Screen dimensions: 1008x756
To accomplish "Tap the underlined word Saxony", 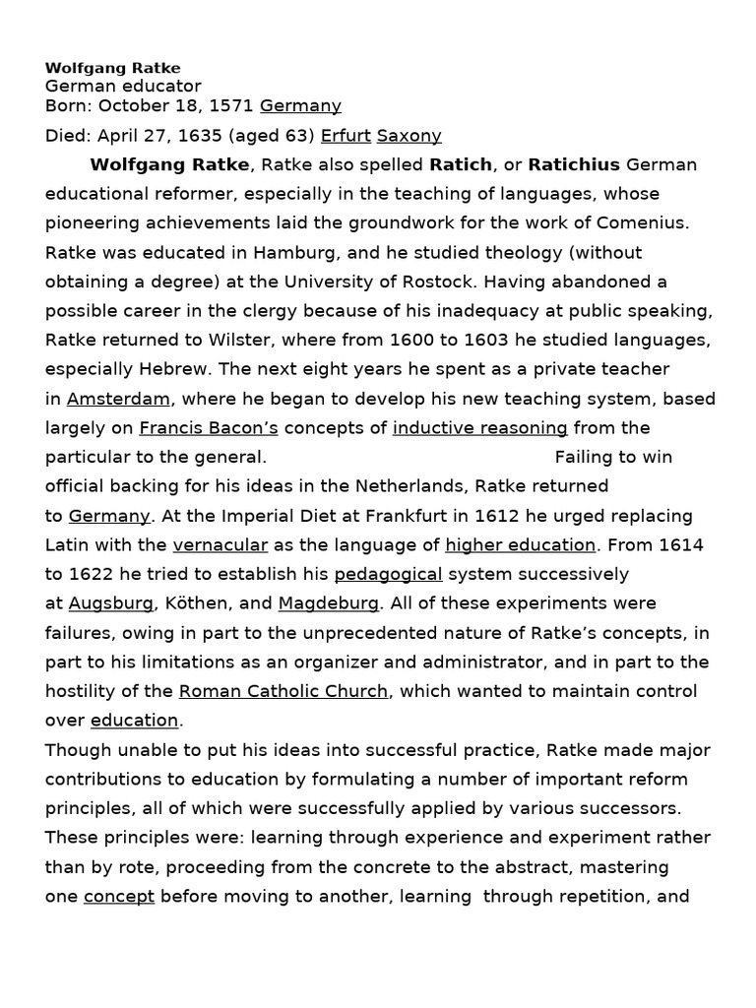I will click(x=409, y=136).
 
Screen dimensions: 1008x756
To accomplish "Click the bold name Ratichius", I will click(x=574, y=164).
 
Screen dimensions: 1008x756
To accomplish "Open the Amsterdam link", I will click(x=119, y=399).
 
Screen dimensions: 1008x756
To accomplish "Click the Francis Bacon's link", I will click(x=209, y=428).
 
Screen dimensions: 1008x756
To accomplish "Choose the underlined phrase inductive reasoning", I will click(x=479, y=428).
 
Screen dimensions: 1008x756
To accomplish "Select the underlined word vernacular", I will click(x=220, y=545).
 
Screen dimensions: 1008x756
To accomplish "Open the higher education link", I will click(x=520, y=545).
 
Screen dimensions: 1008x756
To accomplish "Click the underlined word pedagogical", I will click(x=388, y=574).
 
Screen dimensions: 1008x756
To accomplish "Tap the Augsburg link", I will click(x=111, y=603).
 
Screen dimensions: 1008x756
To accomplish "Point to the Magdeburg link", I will click(x=329, y=603).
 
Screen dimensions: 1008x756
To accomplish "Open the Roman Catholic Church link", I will click(x=283, y=691).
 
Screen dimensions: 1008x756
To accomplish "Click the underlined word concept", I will click(x=119, y=897).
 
